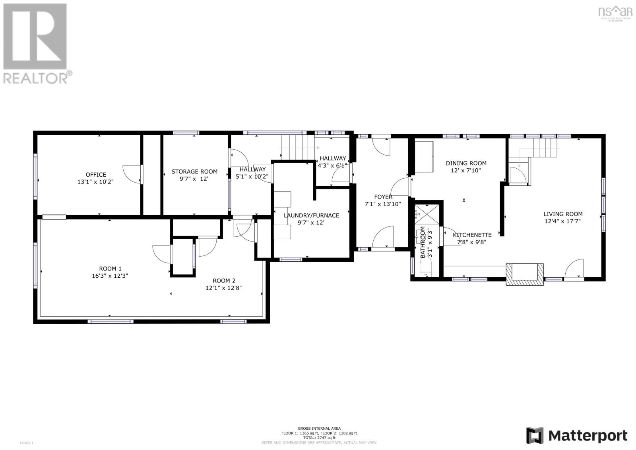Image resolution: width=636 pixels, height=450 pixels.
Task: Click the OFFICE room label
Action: pos(96,174)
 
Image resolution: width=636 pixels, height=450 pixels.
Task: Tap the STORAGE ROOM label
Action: pos(194,171)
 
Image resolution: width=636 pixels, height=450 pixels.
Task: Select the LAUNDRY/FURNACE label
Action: pos(311,215)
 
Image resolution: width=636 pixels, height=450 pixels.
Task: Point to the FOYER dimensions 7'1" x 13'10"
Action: pos(383,204)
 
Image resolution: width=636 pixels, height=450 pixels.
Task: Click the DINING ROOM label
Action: pos(466,163)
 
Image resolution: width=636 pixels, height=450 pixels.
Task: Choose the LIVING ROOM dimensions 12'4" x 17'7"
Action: pos(563,221)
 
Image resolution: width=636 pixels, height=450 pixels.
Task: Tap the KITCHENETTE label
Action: pos(472,235)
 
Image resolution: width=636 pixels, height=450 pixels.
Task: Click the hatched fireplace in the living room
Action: pos(524,274)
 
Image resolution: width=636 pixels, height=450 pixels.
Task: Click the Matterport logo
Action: pos(577,436)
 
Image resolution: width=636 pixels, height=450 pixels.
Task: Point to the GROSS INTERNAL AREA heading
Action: pos(319,429)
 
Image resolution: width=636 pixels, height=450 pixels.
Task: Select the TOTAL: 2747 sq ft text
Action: pos(319,438)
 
